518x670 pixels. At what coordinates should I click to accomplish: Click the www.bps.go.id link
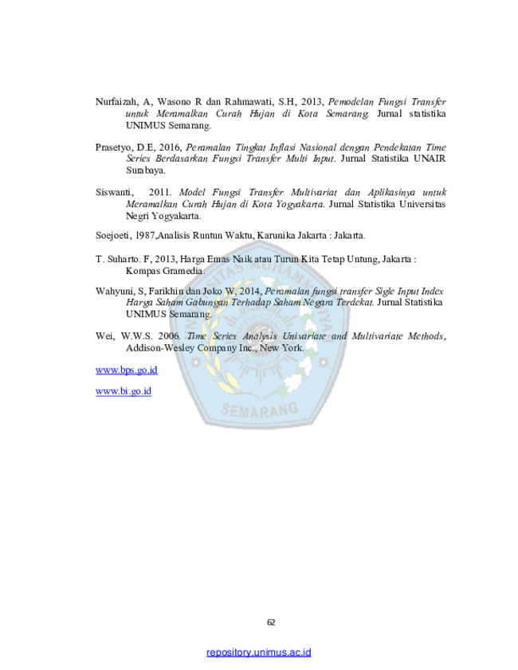127,370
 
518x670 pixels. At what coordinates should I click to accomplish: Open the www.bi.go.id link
124,391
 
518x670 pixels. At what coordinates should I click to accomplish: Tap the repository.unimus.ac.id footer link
258,652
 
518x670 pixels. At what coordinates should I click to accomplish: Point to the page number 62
271,622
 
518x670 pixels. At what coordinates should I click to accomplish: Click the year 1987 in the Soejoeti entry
146,236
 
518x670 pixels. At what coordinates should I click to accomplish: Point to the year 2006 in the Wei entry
169,336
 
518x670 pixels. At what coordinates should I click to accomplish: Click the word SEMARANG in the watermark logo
260,410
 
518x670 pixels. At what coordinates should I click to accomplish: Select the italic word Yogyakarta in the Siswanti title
300,204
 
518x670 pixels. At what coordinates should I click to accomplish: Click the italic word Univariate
304,336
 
